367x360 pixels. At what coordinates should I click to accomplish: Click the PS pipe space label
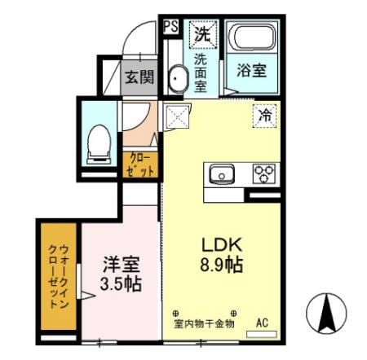(x=171, y=27)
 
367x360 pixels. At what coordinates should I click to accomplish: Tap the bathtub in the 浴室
(x=252, y=37)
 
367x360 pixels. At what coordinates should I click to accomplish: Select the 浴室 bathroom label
(x=251, y=70)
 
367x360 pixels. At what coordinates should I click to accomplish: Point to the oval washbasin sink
(x=178, y=79)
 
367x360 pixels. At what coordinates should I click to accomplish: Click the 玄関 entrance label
(x=139, y=77)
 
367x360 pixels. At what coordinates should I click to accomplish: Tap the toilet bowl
(x=99, y=144)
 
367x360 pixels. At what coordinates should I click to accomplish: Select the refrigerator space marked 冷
(x=265, y=116)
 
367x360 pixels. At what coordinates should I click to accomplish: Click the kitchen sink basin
(x=222, y=174)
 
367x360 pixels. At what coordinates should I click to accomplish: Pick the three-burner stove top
(x=264, y=173)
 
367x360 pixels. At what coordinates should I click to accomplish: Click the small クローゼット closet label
(x=140, y=165)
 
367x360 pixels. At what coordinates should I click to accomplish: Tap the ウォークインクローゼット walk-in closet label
(x=58, y=276)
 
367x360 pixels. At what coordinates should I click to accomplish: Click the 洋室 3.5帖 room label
(x=121, y=274)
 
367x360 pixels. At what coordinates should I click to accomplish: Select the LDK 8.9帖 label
(x=222, y=255)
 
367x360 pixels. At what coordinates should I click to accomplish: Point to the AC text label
(x=262, y=323)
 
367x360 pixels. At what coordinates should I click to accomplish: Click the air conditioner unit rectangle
(x=262, y=334)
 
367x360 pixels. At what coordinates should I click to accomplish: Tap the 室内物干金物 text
(x=204, y=323)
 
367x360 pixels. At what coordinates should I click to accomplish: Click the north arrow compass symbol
(x=326, y=314)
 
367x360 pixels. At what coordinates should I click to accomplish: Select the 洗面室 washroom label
(x=201, y=73)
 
